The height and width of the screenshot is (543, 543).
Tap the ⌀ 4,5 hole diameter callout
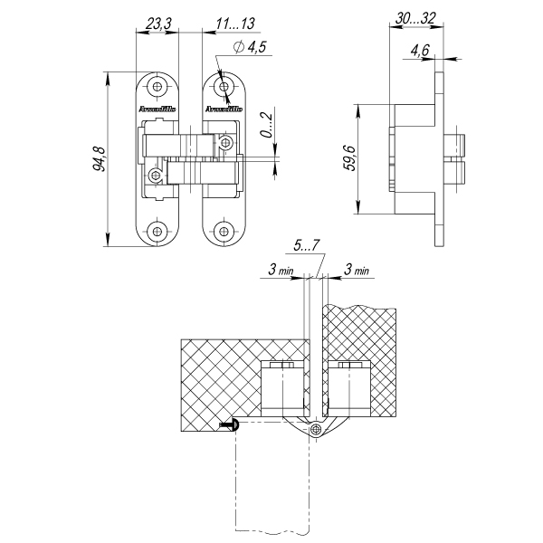click(x=248, y=48)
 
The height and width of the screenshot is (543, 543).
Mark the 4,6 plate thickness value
click(x=419, y=52)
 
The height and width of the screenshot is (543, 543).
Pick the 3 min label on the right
click(x=355, y=270)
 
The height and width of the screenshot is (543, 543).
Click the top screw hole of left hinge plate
click(x=158, y=88)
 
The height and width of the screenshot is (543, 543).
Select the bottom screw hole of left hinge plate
click(x=158, y=230)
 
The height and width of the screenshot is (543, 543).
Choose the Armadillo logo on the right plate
click(x=223, y=109)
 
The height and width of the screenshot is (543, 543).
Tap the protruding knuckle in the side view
click(x=459, y=159)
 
